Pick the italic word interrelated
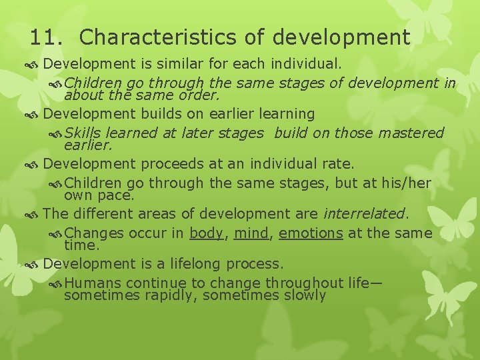point(364,214)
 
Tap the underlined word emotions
point(311,233)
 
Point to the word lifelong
point(187,263)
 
